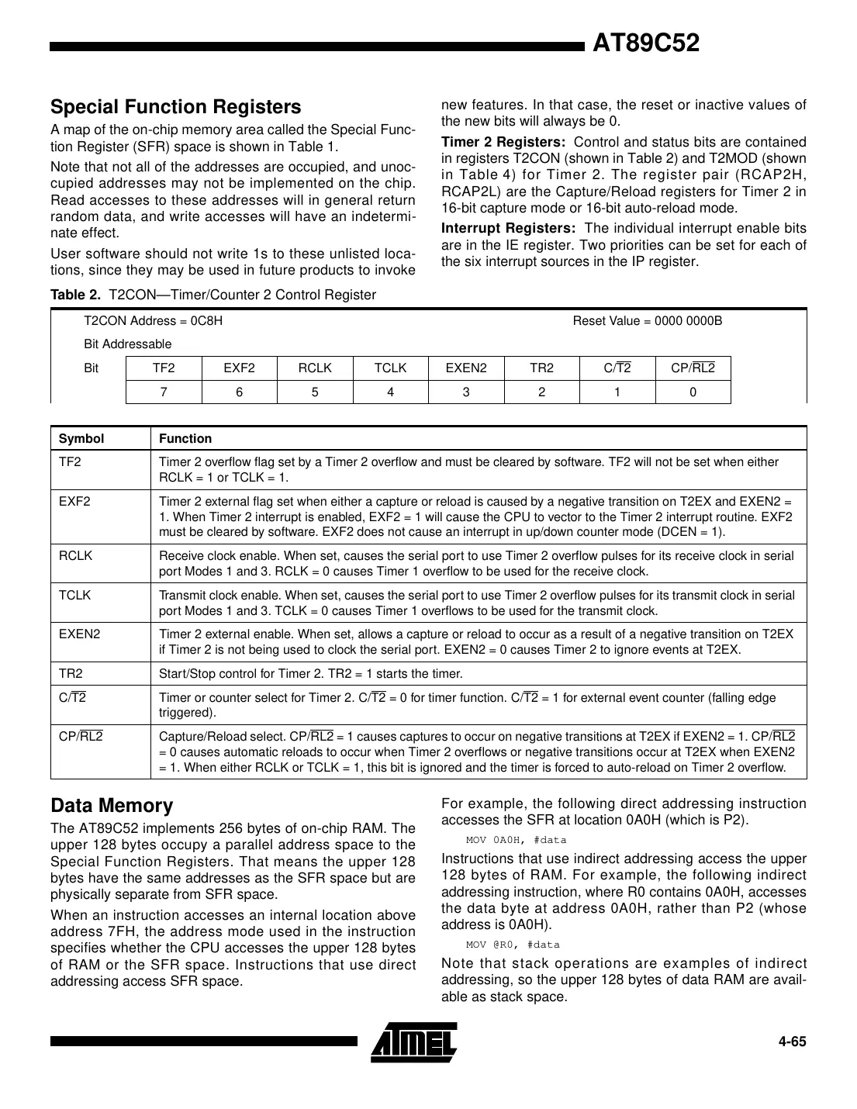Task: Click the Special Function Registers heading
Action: (175, 107)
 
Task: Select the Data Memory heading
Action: (112, 806)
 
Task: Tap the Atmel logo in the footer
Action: (413, 1041)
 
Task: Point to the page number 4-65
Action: (792, 1042)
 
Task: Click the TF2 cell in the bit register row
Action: (164, 368)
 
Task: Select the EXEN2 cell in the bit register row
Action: (466, 368)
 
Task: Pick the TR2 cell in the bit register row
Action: (541, 368)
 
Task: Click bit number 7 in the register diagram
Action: (164, 392)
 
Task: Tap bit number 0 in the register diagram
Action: (693, 392)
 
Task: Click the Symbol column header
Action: (81, 439)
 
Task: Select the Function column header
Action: (185, 439)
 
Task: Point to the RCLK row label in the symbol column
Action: (75, 555)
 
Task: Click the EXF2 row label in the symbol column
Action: (74, 501)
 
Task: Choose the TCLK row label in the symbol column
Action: (74, 595)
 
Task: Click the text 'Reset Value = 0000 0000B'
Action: (647, 321)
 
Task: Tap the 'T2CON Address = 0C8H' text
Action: (153, 321)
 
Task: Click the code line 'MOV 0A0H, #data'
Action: (516, 840)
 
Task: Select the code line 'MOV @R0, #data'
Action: (512, 945)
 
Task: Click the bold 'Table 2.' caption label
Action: (76, 295)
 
